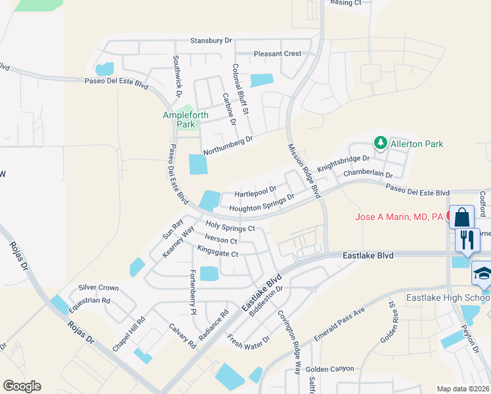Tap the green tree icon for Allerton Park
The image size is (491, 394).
tap(379, 142)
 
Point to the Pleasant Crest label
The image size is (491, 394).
tap(278, 54)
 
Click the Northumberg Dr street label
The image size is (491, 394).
tap(228, 146)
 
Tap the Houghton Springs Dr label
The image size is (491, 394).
tap(261, 207)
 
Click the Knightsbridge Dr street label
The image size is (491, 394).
tap(344, 164)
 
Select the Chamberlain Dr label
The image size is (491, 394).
tap(368, 175)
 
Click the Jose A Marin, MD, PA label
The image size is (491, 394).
tap(399, 217)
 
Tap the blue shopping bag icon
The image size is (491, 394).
tap(462, 217)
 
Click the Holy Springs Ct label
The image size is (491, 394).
tap(230, 227)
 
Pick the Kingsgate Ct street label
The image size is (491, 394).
tap(217, 252)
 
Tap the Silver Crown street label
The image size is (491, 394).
tap(98, 288)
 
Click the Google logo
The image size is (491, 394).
tap(22, 385)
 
